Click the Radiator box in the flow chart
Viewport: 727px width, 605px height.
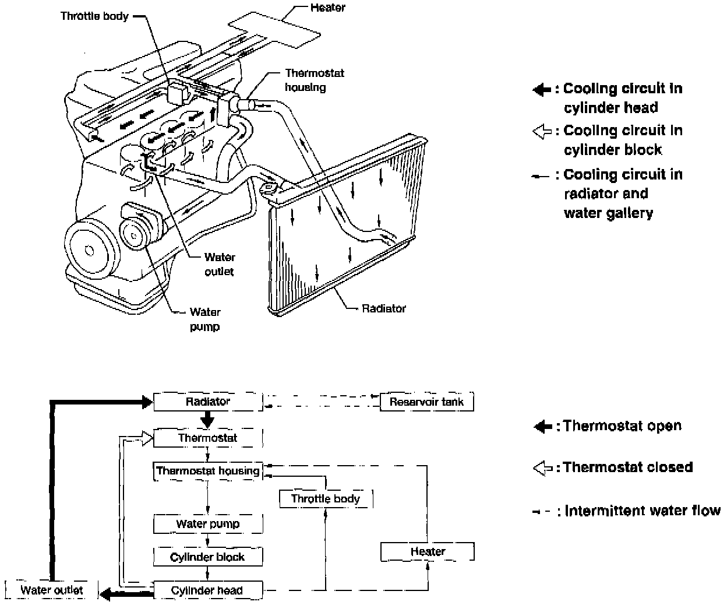pyautogui.click(x=207, y=402)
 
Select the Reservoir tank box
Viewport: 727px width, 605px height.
pyautogui.click(x=426, y=402)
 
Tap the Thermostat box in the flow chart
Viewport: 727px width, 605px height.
pyautogui.click(x=207, y=438)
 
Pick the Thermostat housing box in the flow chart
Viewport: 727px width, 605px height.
pyautogui.click(x=207, y=471)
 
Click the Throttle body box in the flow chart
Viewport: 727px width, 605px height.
pyautogui.click(x=325, y=498)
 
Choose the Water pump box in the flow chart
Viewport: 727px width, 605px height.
pyautogui.click(x=207, y=524)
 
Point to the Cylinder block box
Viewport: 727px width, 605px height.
pyautogui.click(x=207, y=557)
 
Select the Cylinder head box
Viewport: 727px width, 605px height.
pyautogui.click(x=207, y=590)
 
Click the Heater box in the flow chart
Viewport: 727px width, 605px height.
pyautogui.click(x=427, y=551)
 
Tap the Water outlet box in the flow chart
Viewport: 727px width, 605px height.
pyautogui.click(x=51, y=590)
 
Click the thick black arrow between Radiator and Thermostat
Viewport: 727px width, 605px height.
pyautogui.click(x=207, y=420)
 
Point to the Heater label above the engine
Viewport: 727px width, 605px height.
pyautogui.click(x=327, y=8)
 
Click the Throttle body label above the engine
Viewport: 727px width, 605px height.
pyautogui.click(x=94, y=16)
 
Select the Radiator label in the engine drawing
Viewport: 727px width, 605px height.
pyautogui.click(x=383, y=308)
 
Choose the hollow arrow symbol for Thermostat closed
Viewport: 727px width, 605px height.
pyautogui.click(x=542, y=467)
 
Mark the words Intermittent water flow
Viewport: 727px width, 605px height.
pyautogui.click(x=643, y=511)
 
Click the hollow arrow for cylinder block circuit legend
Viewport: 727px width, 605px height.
pyautogui.click(x=542, y=131)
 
